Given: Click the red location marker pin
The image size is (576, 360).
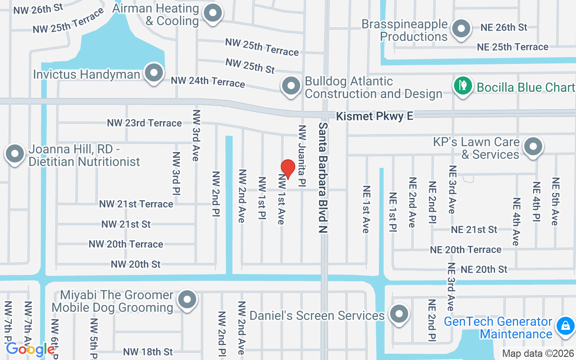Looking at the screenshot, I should coord(288,169).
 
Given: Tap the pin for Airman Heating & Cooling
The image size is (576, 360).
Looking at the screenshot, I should coord(213,13).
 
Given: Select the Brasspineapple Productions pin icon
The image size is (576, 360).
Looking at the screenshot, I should coord(461,29).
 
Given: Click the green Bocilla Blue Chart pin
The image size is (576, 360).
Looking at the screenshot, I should coord(462,85).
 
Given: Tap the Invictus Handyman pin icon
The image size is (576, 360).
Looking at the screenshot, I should coord(154,73).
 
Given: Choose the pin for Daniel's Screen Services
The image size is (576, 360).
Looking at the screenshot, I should coord(398,314).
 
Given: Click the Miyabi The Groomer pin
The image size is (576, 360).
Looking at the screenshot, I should coord(187,300).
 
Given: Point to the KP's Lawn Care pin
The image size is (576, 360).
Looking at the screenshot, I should coord(533,147).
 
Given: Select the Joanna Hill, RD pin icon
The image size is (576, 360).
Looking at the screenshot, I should coord(15,154).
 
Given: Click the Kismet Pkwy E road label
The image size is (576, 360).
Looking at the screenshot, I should coord(374,117).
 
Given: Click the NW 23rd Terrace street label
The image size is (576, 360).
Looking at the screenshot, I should coord(144,123).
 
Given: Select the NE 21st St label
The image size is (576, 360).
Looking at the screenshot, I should coord(474,229).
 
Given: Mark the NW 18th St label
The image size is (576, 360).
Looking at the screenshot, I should coord(148,351).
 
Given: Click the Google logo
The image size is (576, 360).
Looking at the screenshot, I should coord(30,349).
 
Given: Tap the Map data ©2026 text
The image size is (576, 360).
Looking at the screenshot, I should coord(538,354).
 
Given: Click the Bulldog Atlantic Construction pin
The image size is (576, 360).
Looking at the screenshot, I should coord(291,85).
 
